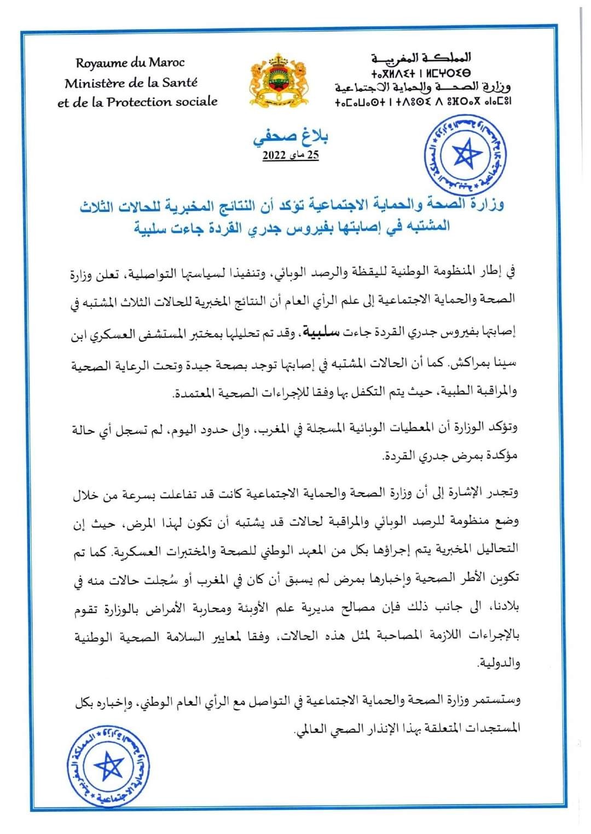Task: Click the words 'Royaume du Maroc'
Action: [x=130, y=63]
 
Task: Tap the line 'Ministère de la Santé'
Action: [x=131, y=83]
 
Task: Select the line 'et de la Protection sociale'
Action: [x=137, y=102]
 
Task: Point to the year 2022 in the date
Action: [x=274, y=156]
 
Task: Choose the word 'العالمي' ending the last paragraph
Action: [x=311, y=729]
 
